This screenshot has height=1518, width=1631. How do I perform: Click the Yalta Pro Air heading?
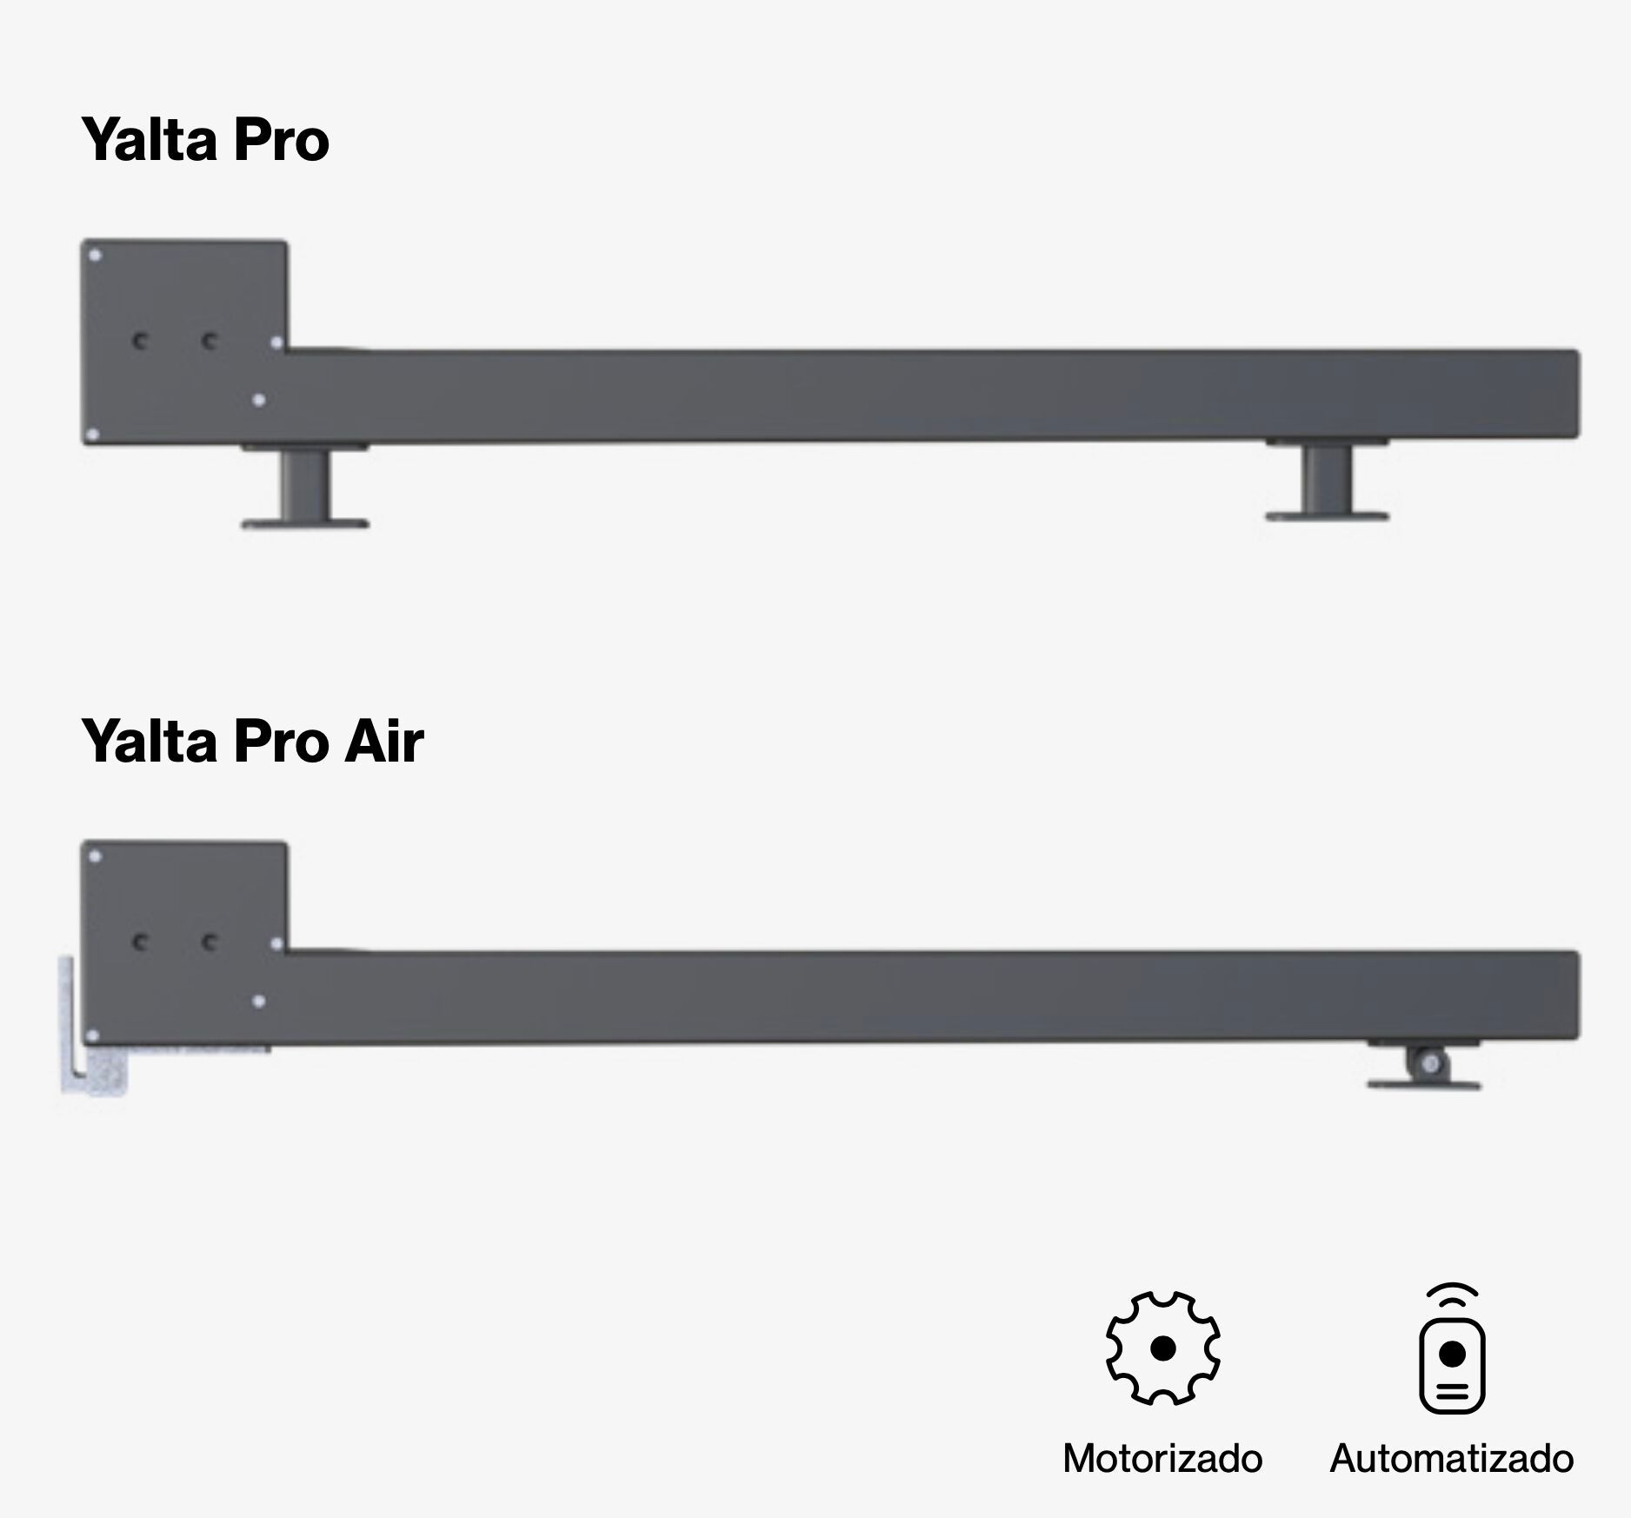(252, 741)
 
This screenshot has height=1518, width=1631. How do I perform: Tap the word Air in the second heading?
(384, 741)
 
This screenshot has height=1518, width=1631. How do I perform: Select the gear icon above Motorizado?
(1162, 1348)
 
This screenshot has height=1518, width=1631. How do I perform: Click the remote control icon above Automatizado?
(1452, 1348)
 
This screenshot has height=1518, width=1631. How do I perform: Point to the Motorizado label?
(1162, 1458)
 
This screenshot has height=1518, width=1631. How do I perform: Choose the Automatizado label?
(1452, 1458)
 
